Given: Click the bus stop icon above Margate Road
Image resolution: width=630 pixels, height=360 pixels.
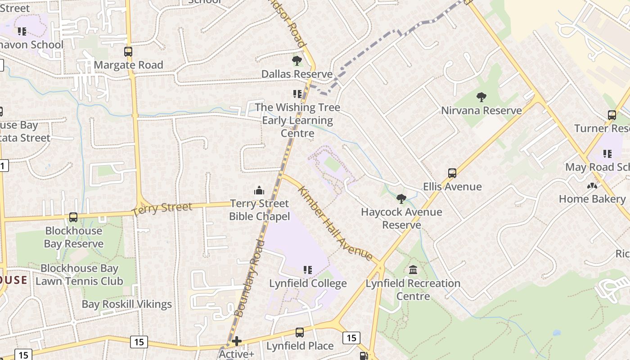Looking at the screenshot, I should tap(128, 52).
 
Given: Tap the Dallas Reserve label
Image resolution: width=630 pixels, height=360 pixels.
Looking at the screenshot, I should tap(297, 74).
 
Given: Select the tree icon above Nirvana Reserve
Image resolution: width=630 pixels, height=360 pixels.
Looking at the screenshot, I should tap(481, 97).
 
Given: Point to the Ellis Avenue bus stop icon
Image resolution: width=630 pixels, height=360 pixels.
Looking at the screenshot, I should tap(452, 173).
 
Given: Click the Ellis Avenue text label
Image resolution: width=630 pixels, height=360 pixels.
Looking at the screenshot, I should tap(452, 187).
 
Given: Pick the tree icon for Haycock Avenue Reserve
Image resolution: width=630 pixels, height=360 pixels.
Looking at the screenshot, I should tap(401, 199).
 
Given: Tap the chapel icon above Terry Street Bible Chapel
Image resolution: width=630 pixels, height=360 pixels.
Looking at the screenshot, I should tap(259, 190).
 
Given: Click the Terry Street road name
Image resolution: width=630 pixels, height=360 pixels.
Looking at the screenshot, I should tap(162, 209).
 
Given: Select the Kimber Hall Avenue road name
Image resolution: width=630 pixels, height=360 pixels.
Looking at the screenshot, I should tap(335, 223).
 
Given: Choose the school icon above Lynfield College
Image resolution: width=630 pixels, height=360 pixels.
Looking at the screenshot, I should tap(308, 270).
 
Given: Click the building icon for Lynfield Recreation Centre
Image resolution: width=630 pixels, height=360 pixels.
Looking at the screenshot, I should tap(413, 270).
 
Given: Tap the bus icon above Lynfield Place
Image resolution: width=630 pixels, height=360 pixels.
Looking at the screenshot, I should tap(300, 333).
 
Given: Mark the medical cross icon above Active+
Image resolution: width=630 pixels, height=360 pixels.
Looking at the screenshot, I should tap(237, 342).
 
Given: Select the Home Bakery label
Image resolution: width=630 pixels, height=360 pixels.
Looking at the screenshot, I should tap(592, 199).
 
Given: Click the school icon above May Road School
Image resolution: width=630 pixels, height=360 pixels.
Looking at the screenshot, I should tap(607, 154).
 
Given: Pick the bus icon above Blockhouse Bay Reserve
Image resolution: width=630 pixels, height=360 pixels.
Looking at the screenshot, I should tap(73, 217).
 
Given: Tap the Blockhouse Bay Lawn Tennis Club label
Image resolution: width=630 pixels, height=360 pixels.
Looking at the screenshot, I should tap(79, 275).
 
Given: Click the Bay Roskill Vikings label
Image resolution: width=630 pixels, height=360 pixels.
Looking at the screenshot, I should tap(126, 304).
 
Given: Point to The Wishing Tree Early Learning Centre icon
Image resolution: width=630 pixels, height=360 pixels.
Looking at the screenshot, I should tap(297, 94).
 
